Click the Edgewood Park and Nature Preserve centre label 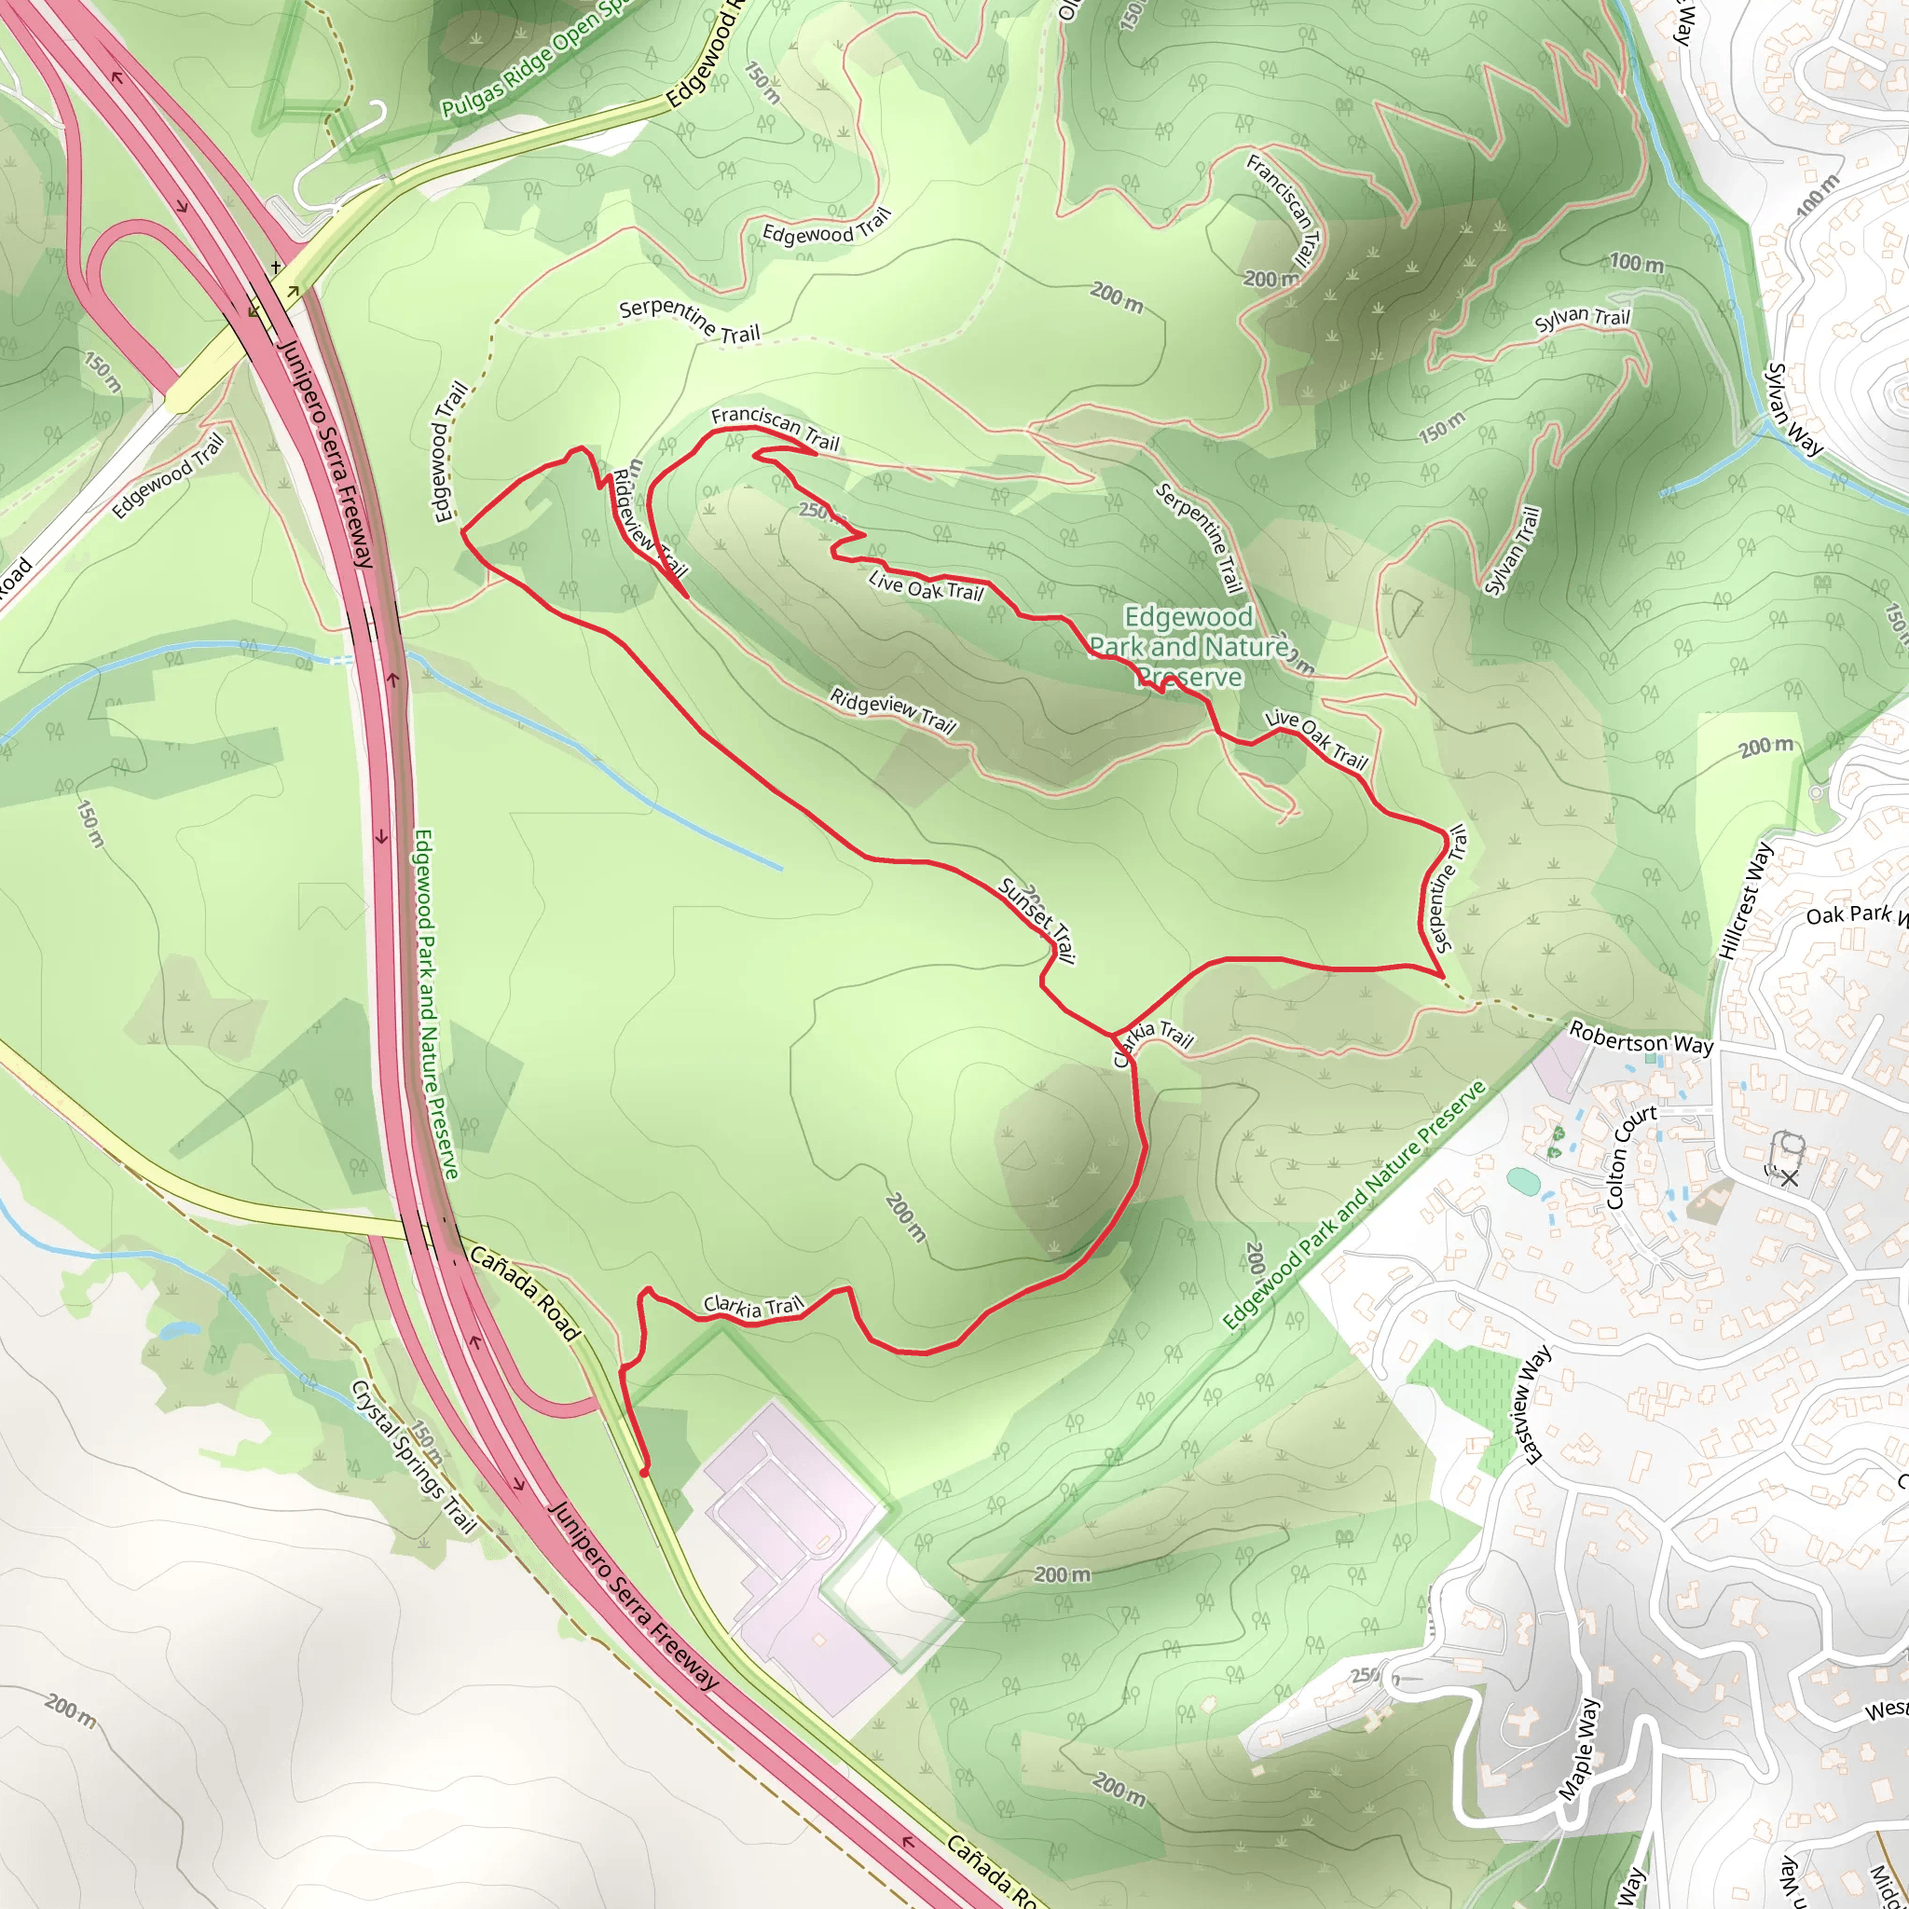1188,647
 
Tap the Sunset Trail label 1037,920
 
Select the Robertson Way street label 1641,1038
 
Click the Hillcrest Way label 1746,900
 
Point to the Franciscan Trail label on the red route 775,428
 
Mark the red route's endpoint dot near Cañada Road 644,1472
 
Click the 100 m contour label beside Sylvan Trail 1636,263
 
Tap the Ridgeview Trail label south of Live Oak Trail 892,712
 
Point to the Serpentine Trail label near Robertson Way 1446,888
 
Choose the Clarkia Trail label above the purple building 754,1307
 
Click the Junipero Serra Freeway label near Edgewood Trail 325,454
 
